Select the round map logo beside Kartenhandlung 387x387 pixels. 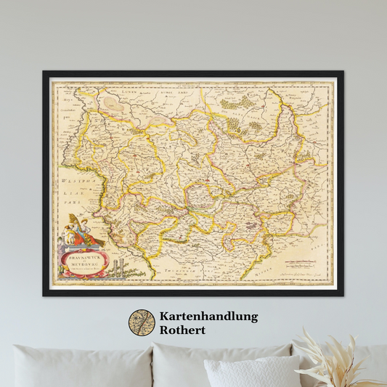click(142, 323)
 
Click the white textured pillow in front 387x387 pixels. click(250, 372)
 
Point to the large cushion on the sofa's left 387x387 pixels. click(80, 367)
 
